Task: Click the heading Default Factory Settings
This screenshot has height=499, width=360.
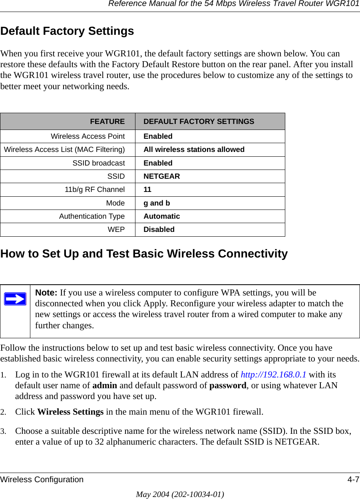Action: [67, 31]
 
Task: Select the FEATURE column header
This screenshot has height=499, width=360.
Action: [107, 121]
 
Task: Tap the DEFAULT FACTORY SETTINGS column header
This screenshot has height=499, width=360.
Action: [199, 121]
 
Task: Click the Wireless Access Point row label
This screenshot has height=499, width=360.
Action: [88, 136]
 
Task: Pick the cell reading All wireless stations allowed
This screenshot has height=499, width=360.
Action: [194, 150]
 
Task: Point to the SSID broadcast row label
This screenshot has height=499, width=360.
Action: [98, 163]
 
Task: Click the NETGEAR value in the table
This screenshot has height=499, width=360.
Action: [161, 176]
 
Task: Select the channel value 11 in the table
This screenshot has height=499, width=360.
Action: [147, 190]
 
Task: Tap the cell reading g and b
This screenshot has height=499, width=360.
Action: [157, 203]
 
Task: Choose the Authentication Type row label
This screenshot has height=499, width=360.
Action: [92, 216]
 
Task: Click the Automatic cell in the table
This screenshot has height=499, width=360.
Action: [161, 216]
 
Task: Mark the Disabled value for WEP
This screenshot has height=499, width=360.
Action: [159, 230]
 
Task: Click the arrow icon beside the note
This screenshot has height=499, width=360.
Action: [15, 299]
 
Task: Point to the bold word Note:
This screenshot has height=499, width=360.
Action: [46, 293]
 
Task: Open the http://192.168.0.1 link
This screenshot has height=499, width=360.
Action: [273, 375]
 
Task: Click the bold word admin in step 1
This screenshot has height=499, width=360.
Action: [105, 385]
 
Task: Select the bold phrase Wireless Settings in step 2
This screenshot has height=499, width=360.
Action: [70, 411]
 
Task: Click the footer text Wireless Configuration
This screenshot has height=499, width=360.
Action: [42, 479]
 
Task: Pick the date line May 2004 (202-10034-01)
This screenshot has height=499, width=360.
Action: [180, 494]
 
